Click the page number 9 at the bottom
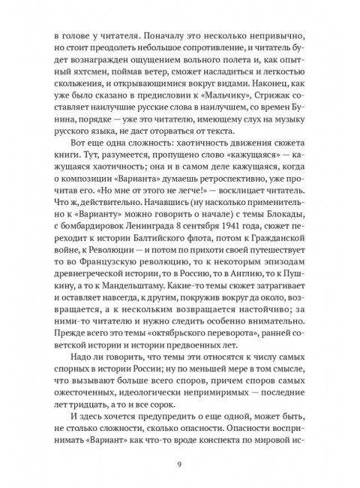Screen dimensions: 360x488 tap(180, 463)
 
